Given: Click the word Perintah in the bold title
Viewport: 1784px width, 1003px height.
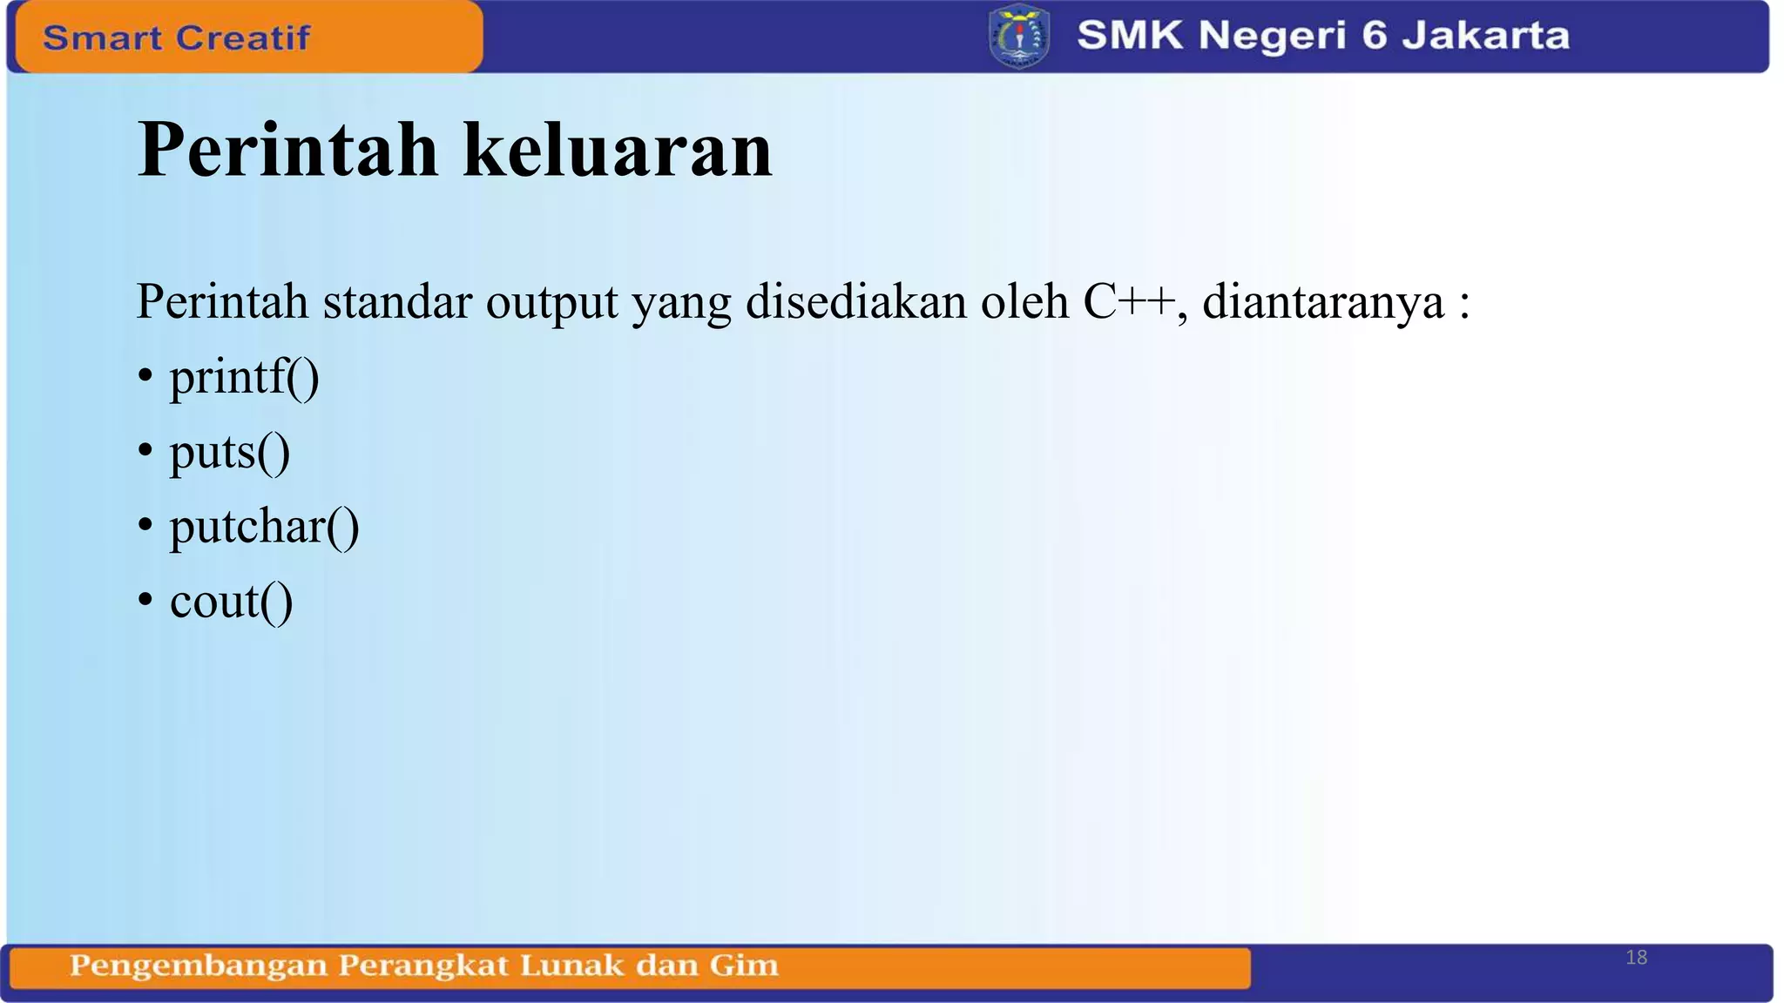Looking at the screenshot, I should [x=287, y=150].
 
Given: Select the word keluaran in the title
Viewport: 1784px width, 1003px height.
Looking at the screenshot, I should [x=618, y=150].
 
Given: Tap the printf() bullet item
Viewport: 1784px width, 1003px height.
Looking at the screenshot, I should [x=244, y=377].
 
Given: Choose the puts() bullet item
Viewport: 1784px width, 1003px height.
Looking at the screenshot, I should [x=229, y=452].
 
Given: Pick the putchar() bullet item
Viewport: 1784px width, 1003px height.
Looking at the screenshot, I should [x=264, y=527].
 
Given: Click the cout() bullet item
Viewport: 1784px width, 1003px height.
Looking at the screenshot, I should [x=231, y=602].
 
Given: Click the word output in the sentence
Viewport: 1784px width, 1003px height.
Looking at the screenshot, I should [x=551, y=303].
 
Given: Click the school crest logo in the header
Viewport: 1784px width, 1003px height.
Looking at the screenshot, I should [x=1019, y=36].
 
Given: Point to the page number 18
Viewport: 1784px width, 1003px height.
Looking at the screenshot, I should [x=1636, y=958].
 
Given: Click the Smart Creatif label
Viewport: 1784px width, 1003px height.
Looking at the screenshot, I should [x=177, y=37].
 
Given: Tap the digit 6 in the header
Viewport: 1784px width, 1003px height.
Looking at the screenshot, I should [x=1373, y=36].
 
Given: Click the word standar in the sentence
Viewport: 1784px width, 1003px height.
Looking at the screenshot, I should [x=397, y=302].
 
